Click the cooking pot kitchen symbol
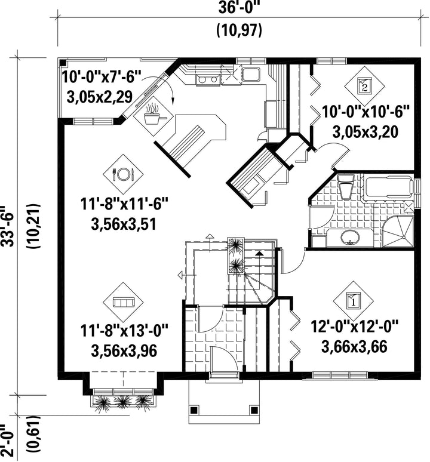pos(153,116)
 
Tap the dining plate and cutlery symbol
pos(123,174)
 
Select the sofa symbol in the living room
pos(123,302)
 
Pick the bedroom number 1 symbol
pos(353,300)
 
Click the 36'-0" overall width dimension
pos(240,8)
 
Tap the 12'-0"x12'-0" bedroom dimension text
pos(355,327)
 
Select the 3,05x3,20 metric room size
pos(365,131)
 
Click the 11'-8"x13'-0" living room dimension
pos(124,330)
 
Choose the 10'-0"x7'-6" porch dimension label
pos(102,78)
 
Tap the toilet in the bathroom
pos(345,186)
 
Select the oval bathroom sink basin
pos(350,238)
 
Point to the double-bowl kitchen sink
pos(208,79)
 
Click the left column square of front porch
pos(193,409)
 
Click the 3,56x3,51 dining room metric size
pos(124,225)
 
